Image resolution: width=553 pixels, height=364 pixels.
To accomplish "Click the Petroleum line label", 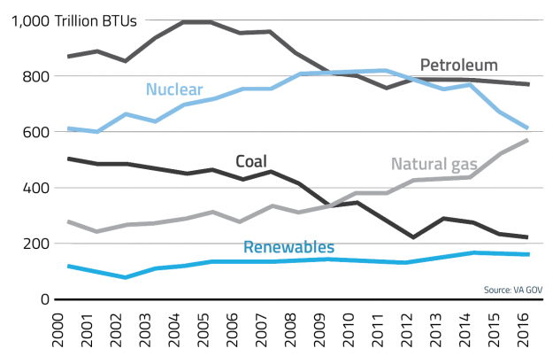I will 458,65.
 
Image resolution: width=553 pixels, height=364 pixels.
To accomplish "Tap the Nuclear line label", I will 174,89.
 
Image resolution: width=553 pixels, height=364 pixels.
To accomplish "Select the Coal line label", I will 253,160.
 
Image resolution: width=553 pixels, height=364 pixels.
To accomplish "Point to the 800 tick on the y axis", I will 35,77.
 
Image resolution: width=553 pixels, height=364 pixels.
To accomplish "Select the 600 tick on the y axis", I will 35,133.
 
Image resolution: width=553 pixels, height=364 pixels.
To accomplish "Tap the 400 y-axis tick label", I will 35,189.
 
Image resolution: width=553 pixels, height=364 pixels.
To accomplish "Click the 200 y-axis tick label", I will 35,244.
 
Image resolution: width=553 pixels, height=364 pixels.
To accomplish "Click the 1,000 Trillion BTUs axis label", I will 73,21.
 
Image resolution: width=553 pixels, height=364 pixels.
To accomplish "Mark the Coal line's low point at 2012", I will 413,237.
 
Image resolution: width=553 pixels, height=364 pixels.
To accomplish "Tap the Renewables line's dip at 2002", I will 126,277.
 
